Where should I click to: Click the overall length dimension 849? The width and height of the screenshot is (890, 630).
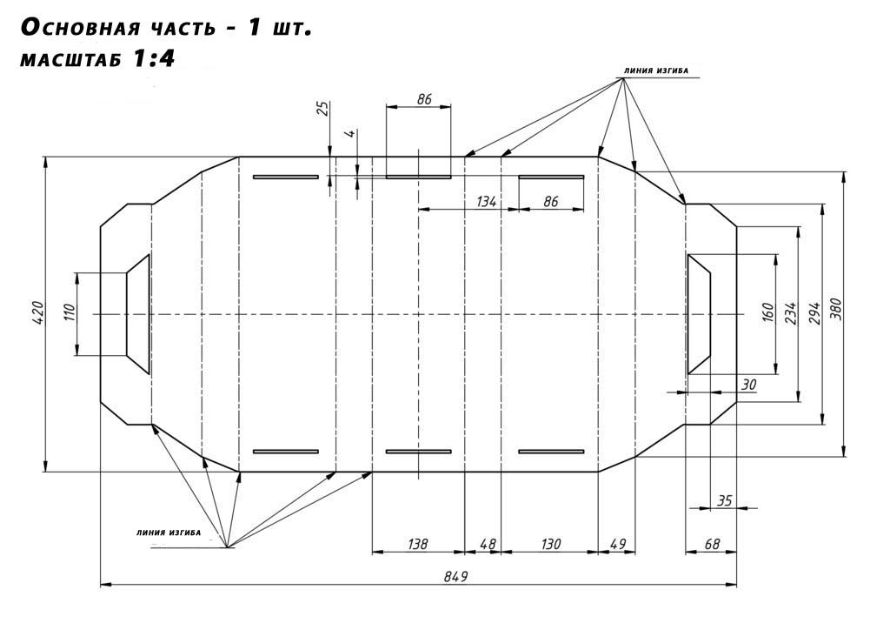(456, 576)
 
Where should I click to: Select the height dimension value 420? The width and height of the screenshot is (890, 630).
(37, 314)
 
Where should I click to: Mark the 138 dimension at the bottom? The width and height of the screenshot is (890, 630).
(417, 544)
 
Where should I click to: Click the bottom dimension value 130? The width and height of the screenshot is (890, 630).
(550, 544)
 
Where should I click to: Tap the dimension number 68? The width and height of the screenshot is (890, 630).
(712, 544)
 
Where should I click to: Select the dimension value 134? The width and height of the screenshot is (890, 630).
(487, 202)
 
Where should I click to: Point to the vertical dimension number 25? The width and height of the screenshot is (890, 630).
(322, 109)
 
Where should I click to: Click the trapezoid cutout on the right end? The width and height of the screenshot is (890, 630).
(699, 314)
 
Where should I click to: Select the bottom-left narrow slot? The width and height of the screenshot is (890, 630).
(286, 452)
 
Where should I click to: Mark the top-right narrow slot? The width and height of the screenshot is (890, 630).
(551, 178)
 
